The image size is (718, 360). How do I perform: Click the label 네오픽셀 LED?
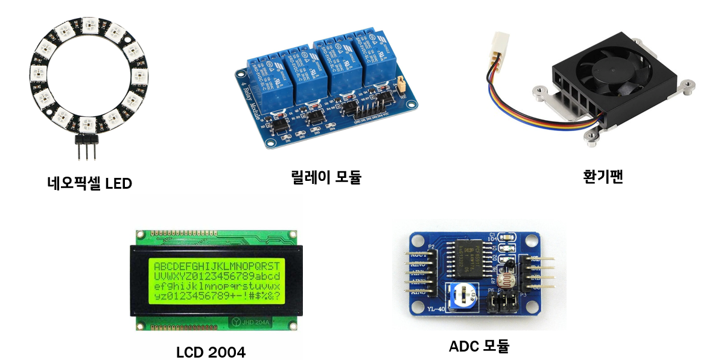[89, 183]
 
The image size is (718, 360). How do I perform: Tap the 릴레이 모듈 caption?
[326, 177]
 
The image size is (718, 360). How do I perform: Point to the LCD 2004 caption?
[211, 352]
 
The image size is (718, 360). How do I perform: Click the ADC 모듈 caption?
[479, 346]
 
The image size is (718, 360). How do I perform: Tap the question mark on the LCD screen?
[277, 297]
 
